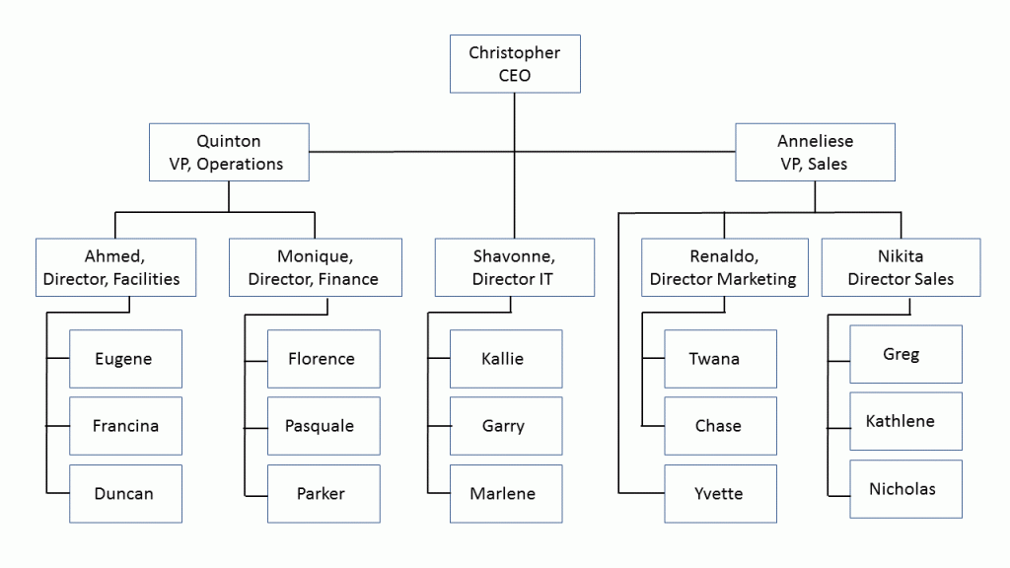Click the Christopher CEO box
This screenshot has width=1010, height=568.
514,64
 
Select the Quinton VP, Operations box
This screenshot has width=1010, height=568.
229,152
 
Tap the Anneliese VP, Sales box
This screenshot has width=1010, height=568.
815,152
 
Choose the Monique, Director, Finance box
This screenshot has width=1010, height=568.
313,267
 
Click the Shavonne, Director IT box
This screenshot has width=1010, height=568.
514,267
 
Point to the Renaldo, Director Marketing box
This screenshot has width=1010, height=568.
723,267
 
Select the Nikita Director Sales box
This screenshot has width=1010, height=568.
901,267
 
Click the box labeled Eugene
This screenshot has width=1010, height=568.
125,359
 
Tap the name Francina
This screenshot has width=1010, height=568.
125,426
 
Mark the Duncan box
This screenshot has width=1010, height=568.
125,493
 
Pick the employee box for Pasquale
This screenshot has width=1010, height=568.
324,426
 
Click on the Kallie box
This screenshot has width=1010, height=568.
505,359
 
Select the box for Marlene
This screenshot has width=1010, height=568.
505,493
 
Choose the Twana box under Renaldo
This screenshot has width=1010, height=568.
720,359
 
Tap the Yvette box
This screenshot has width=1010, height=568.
720,493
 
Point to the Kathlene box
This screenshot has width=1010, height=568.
905,421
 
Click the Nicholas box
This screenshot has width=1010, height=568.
905,488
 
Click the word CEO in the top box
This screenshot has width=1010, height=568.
514,75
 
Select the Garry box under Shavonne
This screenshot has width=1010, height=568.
505,426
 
